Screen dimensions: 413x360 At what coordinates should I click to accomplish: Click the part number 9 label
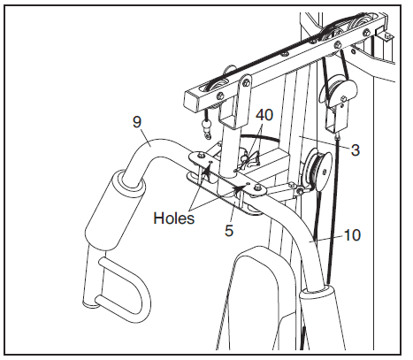137,122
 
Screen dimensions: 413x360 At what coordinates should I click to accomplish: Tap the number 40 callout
264,115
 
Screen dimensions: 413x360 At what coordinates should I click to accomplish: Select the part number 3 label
356,150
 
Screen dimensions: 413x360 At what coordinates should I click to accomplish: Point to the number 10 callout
352,235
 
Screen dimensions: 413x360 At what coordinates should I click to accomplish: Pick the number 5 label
229,230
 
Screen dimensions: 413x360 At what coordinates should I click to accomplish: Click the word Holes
174,218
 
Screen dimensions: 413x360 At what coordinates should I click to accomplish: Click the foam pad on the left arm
115,210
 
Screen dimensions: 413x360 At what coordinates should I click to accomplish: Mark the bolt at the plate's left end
201,155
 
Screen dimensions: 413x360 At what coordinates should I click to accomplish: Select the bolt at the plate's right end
258,187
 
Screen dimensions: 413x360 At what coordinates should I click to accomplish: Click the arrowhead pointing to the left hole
207,169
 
